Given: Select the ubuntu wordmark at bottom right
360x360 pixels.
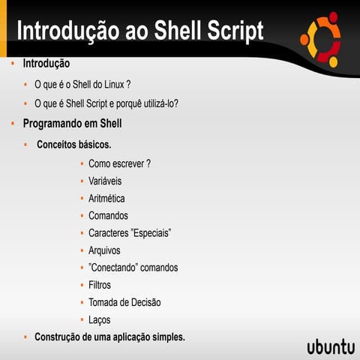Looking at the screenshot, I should [330, 346].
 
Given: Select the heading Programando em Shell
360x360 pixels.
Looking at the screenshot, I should [72, 123].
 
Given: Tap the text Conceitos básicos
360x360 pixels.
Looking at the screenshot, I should [74, 143].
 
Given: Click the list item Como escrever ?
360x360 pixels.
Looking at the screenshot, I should [119, 163].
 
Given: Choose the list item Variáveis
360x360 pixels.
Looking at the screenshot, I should [105, 181].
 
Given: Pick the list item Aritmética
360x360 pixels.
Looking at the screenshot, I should [106, 198].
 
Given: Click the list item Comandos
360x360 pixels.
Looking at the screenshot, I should [108, 215].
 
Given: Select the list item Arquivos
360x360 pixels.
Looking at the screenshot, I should [104, 250].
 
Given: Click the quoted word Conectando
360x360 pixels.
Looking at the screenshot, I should [114, 267].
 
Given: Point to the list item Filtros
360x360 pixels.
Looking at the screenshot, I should [100, 285].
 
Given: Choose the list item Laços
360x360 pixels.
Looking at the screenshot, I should [100, 319].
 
